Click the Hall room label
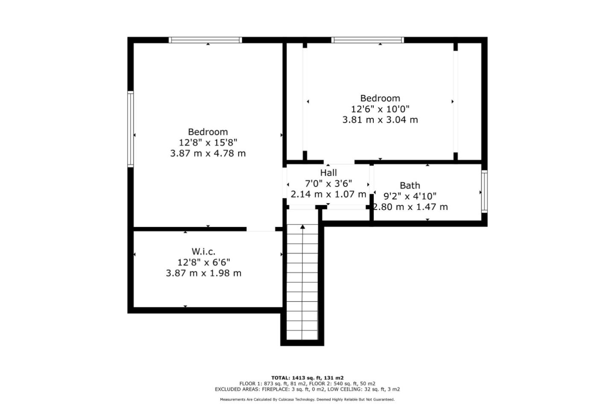[x=328, y=173]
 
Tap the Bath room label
[x=410, y=186]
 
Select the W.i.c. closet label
[x=203, y=251]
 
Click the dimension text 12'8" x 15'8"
[x=208, y=142]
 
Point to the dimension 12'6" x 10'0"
[x=380, y=109]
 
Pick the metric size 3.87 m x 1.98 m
[x=204, y=273]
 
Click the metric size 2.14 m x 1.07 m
[x=328, y=194]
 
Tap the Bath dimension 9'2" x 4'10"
[x=410, y=196]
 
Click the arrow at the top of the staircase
[x=303, y=227]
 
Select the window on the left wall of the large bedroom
[x=131, y=128]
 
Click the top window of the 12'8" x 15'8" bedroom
[x=205, y=40]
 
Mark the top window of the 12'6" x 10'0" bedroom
[x=367, y=40]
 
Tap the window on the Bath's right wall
[x=484, y=192]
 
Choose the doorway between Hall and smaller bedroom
[x=339, y=162]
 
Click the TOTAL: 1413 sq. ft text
[x=307, y=378]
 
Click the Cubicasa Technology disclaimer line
[x=307, y=400]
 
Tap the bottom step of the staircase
[x=302, y=336]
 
